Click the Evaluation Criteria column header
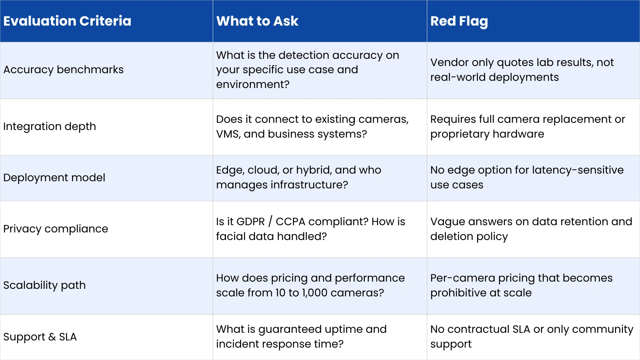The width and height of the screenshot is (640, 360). click(67, 21)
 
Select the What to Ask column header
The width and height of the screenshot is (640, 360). click(257, 21)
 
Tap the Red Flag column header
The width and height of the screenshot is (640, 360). click(459, 21)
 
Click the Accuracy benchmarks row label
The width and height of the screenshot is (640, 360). click(63, 70)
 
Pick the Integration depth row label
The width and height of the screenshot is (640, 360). click(50, 126)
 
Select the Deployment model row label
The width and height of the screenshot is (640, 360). click(54, 178)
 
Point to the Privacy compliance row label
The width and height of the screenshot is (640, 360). click(56, 229)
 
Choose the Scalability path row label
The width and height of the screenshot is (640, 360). click(44, 285)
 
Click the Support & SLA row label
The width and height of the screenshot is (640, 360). click(40, 337)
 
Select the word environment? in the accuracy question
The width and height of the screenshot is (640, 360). click(252, 84)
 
